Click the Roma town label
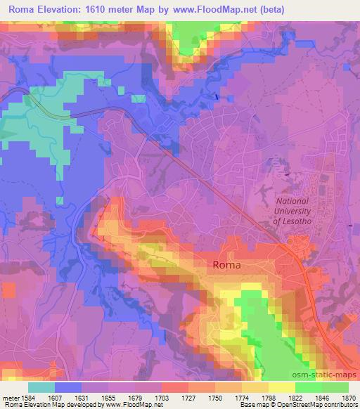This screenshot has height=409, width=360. tap(226, 266)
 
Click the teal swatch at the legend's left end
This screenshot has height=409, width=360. tap(41, 387)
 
